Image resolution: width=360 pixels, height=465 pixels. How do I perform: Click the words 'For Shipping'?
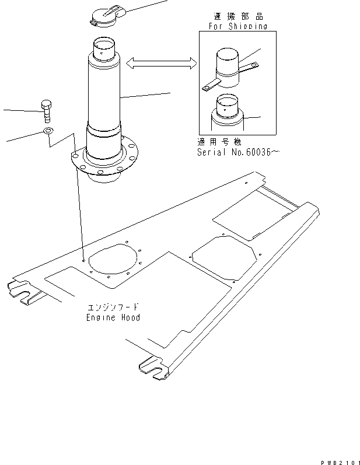coord(237,26)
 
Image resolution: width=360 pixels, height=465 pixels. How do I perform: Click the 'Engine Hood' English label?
coord(113,317)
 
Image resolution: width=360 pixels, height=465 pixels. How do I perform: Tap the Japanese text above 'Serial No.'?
coord(220,142)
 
